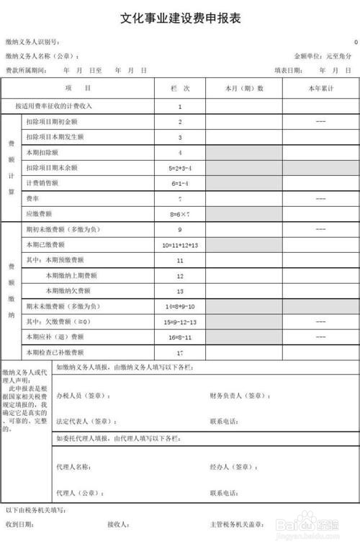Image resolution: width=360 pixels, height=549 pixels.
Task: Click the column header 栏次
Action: pyautogui.click(x=180, y=88)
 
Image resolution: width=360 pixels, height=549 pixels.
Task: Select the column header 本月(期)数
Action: pyautogui.click(x=244, y=88)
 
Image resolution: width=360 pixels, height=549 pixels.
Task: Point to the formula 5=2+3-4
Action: pyautogui.click(x=180, y=168)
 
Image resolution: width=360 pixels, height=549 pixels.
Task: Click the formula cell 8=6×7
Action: pyautogui.click(x=180, y=214)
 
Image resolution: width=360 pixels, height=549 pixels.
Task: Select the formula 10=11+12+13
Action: pyautogui.click(x=180, y=245)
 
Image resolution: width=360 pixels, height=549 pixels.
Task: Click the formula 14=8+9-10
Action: pyautogui.click(x=180, y=306)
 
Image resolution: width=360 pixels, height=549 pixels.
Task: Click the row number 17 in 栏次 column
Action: pyautogui.click(x=180, y=353)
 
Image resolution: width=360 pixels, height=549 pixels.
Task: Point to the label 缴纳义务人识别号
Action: pyautogui.click(x=32, y=43)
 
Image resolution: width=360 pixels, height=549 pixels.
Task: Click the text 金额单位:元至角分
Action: pyautogui.click(x=323, y=56)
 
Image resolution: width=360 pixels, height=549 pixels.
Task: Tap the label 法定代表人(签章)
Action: pyautogui.click(x=86, y=421)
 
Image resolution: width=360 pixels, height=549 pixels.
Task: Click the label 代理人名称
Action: pyautogui.click(x=73, y=467)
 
